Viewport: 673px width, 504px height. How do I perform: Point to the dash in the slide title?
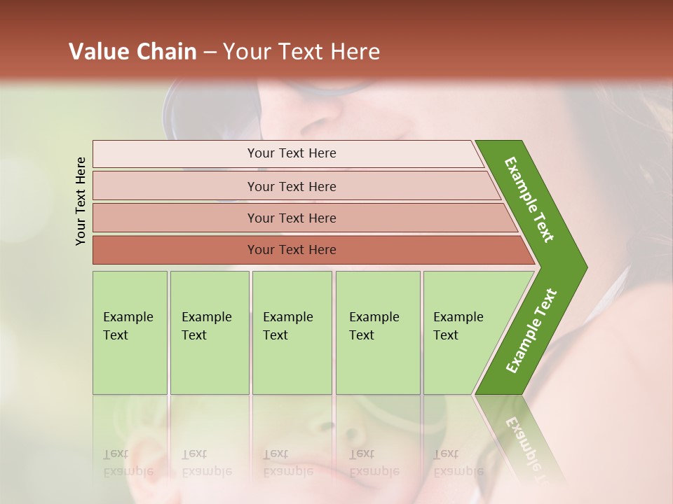click(x=210, y=52)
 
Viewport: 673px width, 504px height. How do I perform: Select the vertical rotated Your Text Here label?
click(x=81, y=201)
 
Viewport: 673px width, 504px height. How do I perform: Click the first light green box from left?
click(x=130, y=332)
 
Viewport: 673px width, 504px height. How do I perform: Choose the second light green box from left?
click(x=210, y=332)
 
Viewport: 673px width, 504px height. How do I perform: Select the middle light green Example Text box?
click(x=292, y=332)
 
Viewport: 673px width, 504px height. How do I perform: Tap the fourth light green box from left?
click(x=378, y=332)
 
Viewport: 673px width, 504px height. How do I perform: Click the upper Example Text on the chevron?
click(x=529, y=199)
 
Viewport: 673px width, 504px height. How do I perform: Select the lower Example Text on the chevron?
click(x=531, y=330)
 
